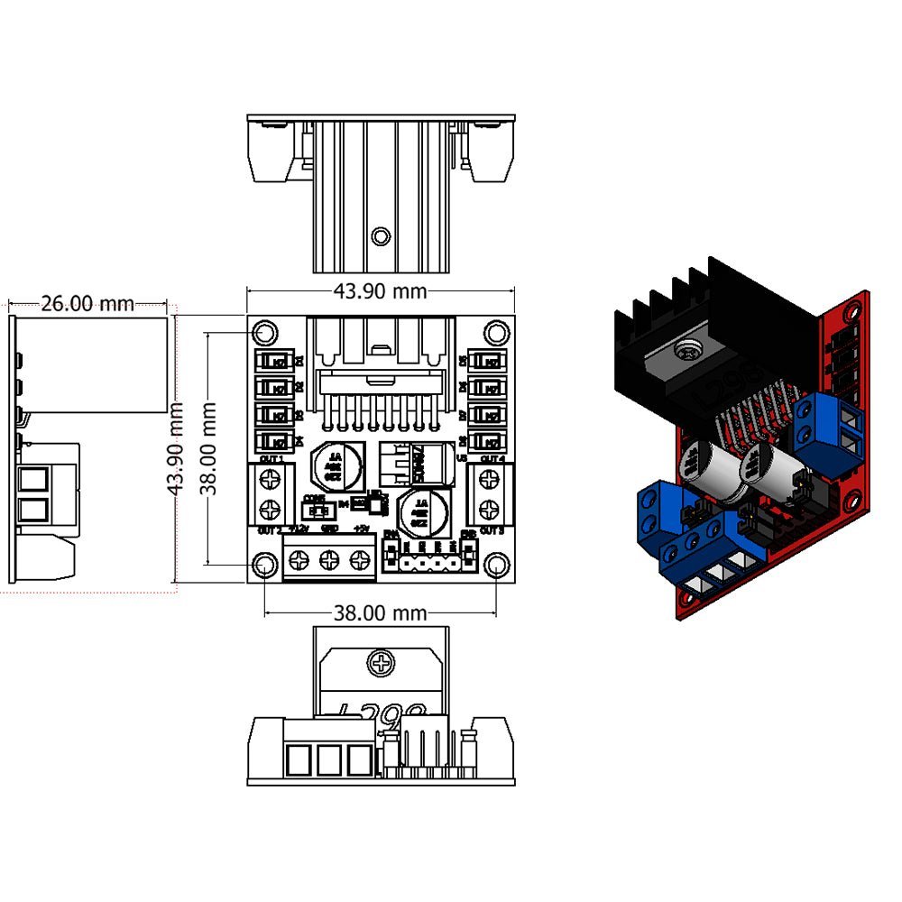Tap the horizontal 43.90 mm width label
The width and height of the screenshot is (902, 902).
click(x=380, y=290)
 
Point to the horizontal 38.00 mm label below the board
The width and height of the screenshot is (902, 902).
click(x=380, y=613)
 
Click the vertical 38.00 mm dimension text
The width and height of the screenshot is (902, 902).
click(x=208, y=448)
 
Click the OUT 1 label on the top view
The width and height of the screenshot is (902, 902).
click(x=271, y=459)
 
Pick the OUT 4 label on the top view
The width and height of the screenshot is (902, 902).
click(x=492, y=459)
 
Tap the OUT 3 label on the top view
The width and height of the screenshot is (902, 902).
click(x=492, y=530)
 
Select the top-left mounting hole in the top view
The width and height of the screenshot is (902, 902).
click(x=264, y=333)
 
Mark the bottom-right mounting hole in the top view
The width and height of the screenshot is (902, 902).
click(x=495, y=566)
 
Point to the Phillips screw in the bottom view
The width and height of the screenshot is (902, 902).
click(x=381, y=665)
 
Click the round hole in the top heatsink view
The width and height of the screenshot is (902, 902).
click(x=381, y=236)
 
